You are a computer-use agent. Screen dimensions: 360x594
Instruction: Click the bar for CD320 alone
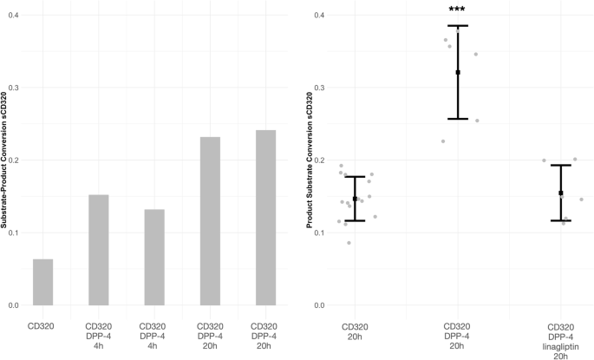point(43,282)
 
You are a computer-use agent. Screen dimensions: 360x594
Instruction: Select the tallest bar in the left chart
point(265,218)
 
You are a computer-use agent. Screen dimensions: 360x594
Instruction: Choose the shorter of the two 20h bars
point(210,221)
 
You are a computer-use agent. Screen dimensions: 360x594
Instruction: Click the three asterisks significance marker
point(457,11)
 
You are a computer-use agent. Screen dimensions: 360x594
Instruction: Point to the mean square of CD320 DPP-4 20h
point(458,73)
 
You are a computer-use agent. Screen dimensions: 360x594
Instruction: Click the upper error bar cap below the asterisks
point(458,26)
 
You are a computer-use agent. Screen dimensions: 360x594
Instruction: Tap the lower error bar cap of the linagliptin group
point(561,220)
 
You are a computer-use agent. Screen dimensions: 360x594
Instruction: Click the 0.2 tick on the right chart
point(320,160)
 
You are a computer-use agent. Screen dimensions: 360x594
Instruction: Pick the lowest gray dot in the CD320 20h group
point(349,243)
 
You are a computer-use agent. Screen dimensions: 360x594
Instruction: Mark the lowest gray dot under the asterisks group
point(443,141)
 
